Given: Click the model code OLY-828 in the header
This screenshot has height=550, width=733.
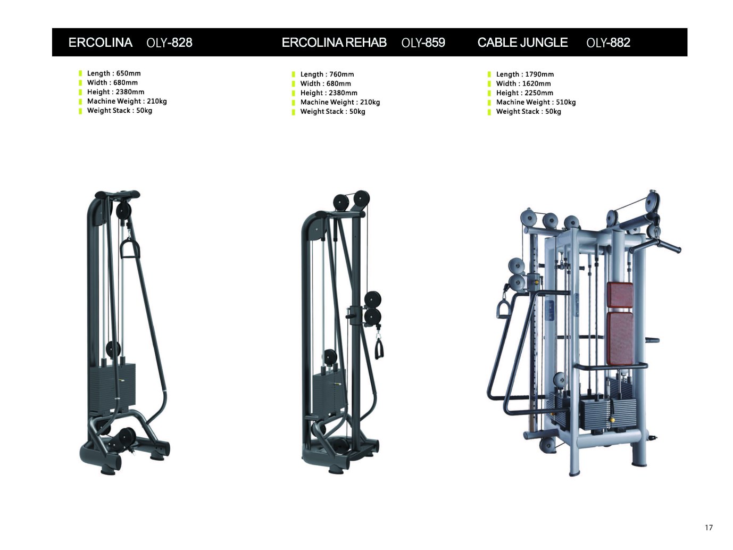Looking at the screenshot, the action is pyautogui.click(x=169, y=43).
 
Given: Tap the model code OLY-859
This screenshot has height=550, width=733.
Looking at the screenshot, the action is pyautogui.click(x=423, y=43).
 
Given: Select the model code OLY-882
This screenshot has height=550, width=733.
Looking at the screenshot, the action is pyautogui.click(x=608, y=43).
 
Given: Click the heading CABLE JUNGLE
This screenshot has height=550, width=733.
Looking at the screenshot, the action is pyautogui.click(x=522, y=43).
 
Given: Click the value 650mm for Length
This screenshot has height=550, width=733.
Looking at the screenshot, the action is pyautogui.click(x=128, y=73).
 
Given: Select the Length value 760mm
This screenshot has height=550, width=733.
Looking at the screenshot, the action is pyautogui.click(x=341, y=74).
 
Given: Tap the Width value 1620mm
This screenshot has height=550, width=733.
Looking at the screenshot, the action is pyautogui.click(x=536, y=84).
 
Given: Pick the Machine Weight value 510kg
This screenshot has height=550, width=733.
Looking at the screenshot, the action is pyautogui.click(x=565, y=102).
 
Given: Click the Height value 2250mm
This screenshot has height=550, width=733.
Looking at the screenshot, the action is pyautogui.click(x=539, y=93).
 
